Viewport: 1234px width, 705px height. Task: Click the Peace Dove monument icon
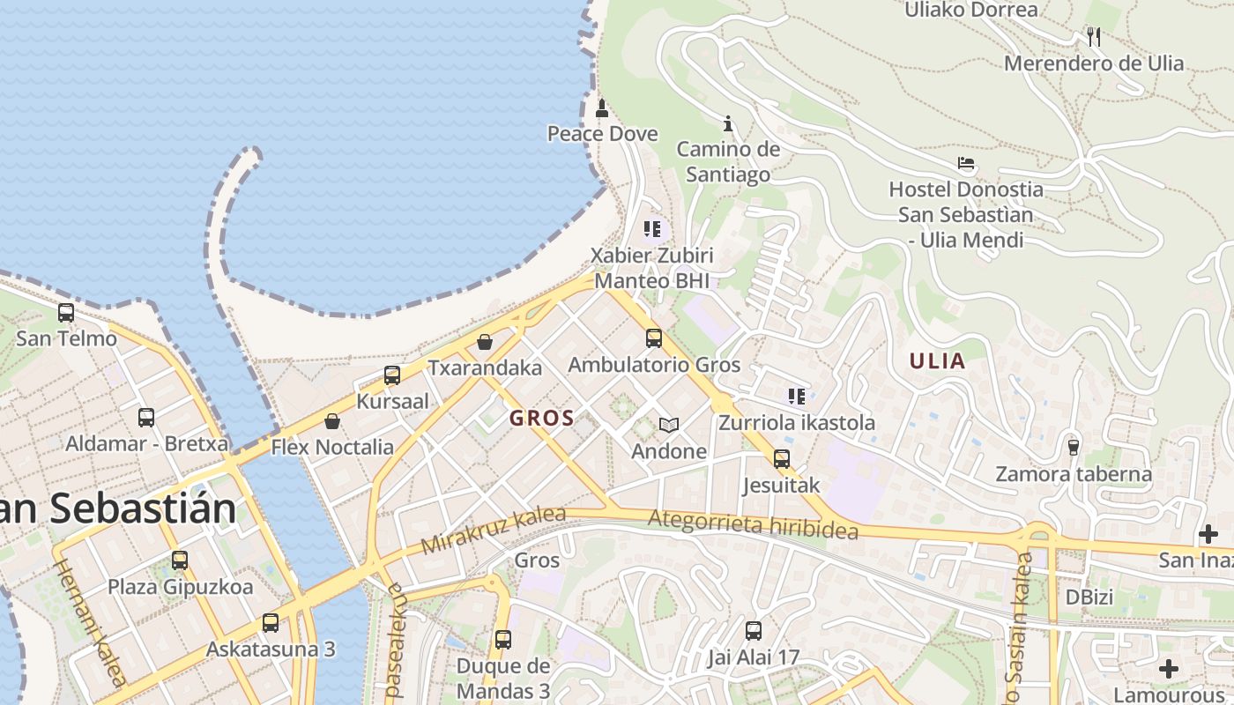pyautogui.click(x=602, y=109)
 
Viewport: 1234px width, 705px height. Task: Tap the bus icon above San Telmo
pyautogui.click(x=66, y=313)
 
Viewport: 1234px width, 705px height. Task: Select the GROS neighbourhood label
pyautogui.click(x=541, y=419)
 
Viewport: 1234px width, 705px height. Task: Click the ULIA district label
pyautogui.click(x=937, y=360)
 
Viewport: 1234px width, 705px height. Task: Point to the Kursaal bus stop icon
pyautogui.click(x=392, y=375)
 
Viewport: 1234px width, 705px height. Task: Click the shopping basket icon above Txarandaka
pyautogui.click(x=485, y=342)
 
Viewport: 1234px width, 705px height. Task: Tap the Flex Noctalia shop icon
pyautogui.click(x=332, y=421)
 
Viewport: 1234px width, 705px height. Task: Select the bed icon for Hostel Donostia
pyautogui.click(x=966, y=164)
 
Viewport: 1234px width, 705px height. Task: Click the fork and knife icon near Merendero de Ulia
pyautogui.click(x=1094, y=37)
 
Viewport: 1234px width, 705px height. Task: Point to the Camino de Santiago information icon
pyautogui.click(x=728, y=123)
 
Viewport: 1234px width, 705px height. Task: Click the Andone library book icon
pyautogui.click(x=669, y=426)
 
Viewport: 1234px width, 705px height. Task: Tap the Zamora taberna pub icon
pyautogui.click(x=1073, y=448)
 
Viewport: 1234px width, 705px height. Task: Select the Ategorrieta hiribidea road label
pyautogui.click(x=752, y=525)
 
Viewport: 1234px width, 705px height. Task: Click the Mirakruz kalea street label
pyautogui.click(x=493, y=531)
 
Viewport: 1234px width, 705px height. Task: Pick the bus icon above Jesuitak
pyautogui.click(x=781, y=459)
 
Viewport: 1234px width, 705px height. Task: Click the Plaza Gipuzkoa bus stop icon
pyautogui.click(x=180, y=560)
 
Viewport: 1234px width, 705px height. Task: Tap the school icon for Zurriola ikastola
pyautogui.click(x=797, y=397)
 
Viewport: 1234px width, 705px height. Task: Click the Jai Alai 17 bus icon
pyautogui.click(x=753, y=631)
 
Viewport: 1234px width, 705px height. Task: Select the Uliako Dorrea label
pyautogui.click(x=971, y=11)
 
